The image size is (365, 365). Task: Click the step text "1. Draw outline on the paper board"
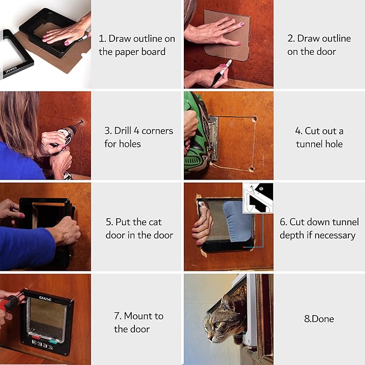(137, 45)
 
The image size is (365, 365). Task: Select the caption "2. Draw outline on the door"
(319, 45)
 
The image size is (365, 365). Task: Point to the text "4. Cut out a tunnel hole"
(319, 137)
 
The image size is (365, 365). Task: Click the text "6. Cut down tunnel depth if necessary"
(319, 228)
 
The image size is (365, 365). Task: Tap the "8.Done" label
(319, 319)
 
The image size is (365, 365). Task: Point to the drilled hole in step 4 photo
(254, 119)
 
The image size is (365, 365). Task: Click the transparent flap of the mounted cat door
(47, 318)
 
